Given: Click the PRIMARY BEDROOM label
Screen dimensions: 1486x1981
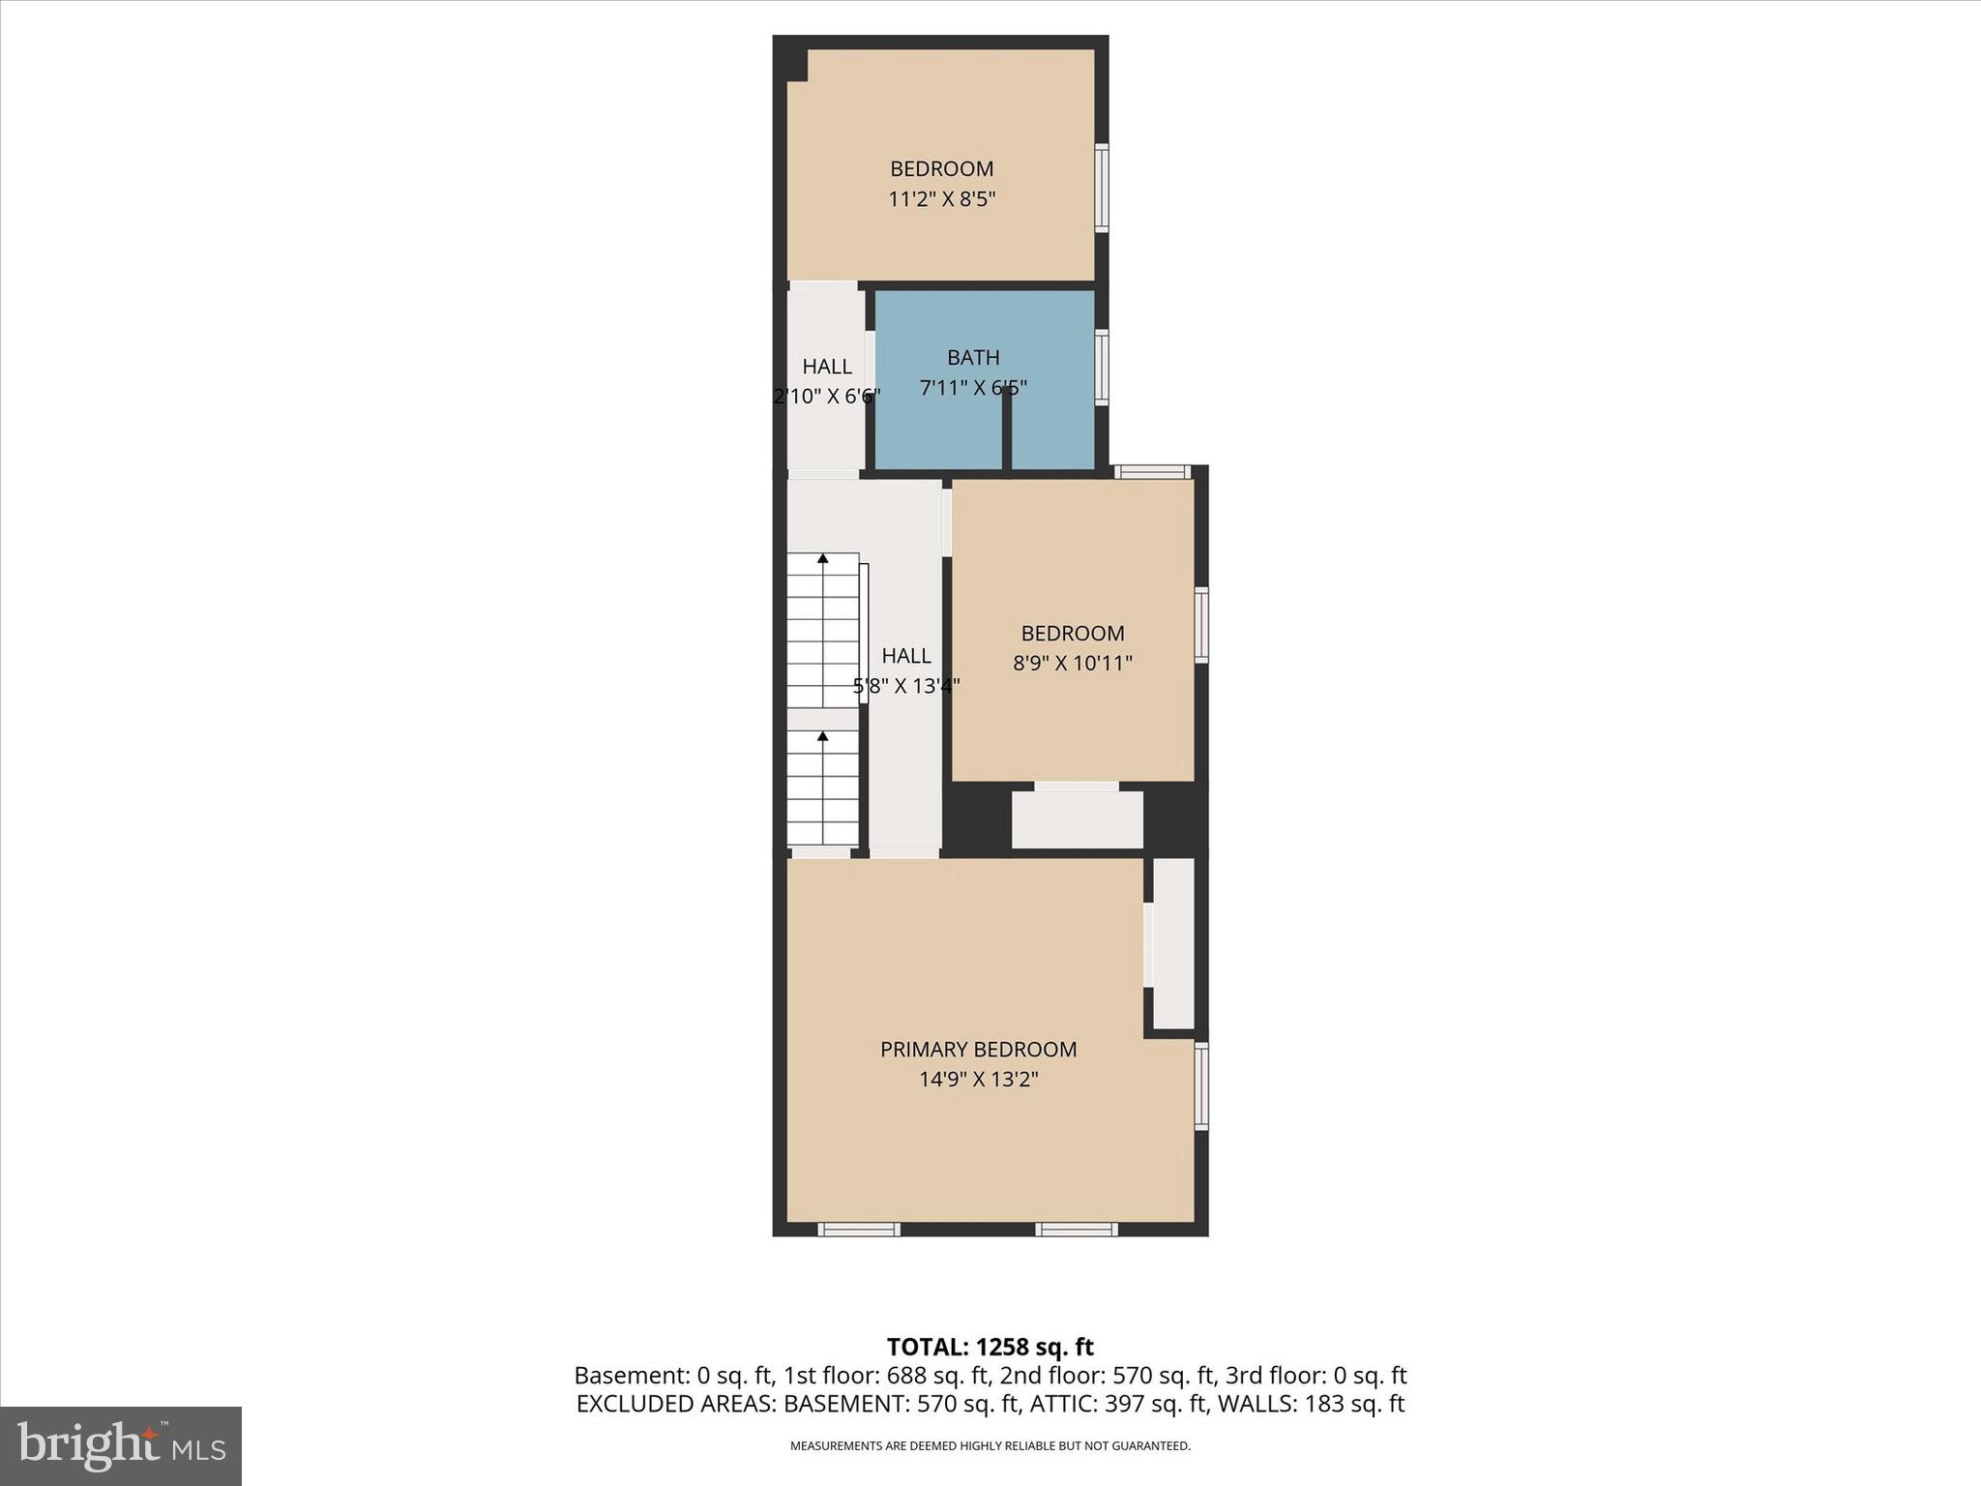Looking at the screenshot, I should point(978,1049).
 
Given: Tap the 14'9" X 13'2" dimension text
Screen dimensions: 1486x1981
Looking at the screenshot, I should point(978,1080).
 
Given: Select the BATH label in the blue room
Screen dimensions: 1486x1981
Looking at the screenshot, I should point(973,358).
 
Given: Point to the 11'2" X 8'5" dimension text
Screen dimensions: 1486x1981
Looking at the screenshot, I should point(941,199).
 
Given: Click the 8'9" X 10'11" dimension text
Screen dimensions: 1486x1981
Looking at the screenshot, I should point(1073,664).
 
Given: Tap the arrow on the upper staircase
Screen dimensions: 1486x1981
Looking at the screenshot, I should point(823,559).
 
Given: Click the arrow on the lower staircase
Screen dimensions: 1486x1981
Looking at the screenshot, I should point(823,737).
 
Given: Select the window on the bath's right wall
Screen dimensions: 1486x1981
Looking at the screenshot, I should point(1102,367).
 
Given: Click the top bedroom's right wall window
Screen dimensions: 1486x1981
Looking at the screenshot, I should point(1102,188).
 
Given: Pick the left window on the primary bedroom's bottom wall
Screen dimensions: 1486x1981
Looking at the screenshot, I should point(859,1230).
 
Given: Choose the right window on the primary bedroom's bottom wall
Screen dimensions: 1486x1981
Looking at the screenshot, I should point(1077,1230).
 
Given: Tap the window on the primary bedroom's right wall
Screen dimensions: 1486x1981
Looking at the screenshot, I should point(1201,1085).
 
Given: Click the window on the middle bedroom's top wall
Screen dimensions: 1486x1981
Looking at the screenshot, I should point(1151,472).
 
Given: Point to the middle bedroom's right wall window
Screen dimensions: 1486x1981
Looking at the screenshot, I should point(1201,625).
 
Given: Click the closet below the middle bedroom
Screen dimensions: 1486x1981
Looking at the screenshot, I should point(1077,819).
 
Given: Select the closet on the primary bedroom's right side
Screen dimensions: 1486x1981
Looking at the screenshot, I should point(1173,943).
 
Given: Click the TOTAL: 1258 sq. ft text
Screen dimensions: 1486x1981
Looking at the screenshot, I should point(990,1347).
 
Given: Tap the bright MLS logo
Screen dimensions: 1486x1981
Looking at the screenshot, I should point(121,1445).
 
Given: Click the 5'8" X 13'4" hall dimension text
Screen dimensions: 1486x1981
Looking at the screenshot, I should point(905,687).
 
